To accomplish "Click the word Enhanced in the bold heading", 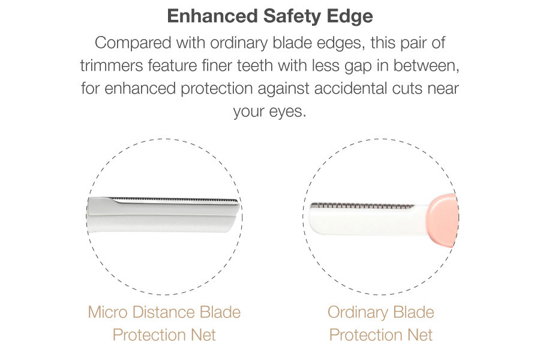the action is (212, 16).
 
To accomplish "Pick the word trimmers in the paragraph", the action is (112, 65).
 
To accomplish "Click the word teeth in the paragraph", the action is (255, 65).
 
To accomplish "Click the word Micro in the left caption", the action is (108, 312).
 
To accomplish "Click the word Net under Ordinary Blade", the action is (420, 335).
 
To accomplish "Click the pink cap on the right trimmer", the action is (442, 220).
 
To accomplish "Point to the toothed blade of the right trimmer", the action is (362, 206).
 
